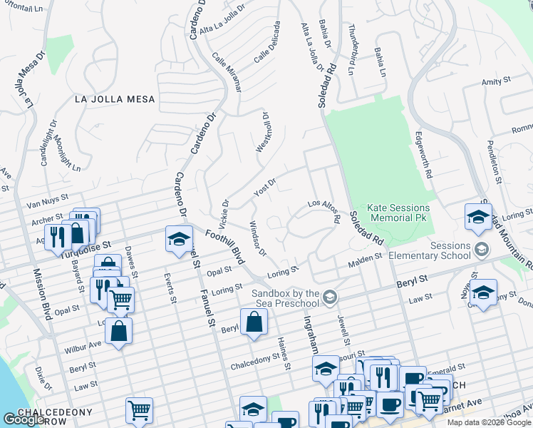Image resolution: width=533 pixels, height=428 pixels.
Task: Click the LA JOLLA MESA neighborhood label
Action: tap(115, 99)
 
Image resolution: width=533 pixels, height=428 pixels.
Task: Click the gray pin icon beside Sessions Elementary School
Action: tap(482, 249)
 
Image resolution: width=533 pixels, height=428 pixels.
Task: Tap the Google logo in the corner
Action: tap(24, 419)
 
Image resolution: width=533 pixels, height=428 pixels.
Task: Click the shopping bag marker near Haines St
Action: tap(254, 322)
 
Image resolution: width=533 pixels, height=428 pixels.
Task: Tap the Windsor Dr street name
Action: tap(257, 239)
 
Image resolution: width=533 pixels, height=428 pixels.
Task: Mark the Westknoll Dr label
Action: tap(263, 132)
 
